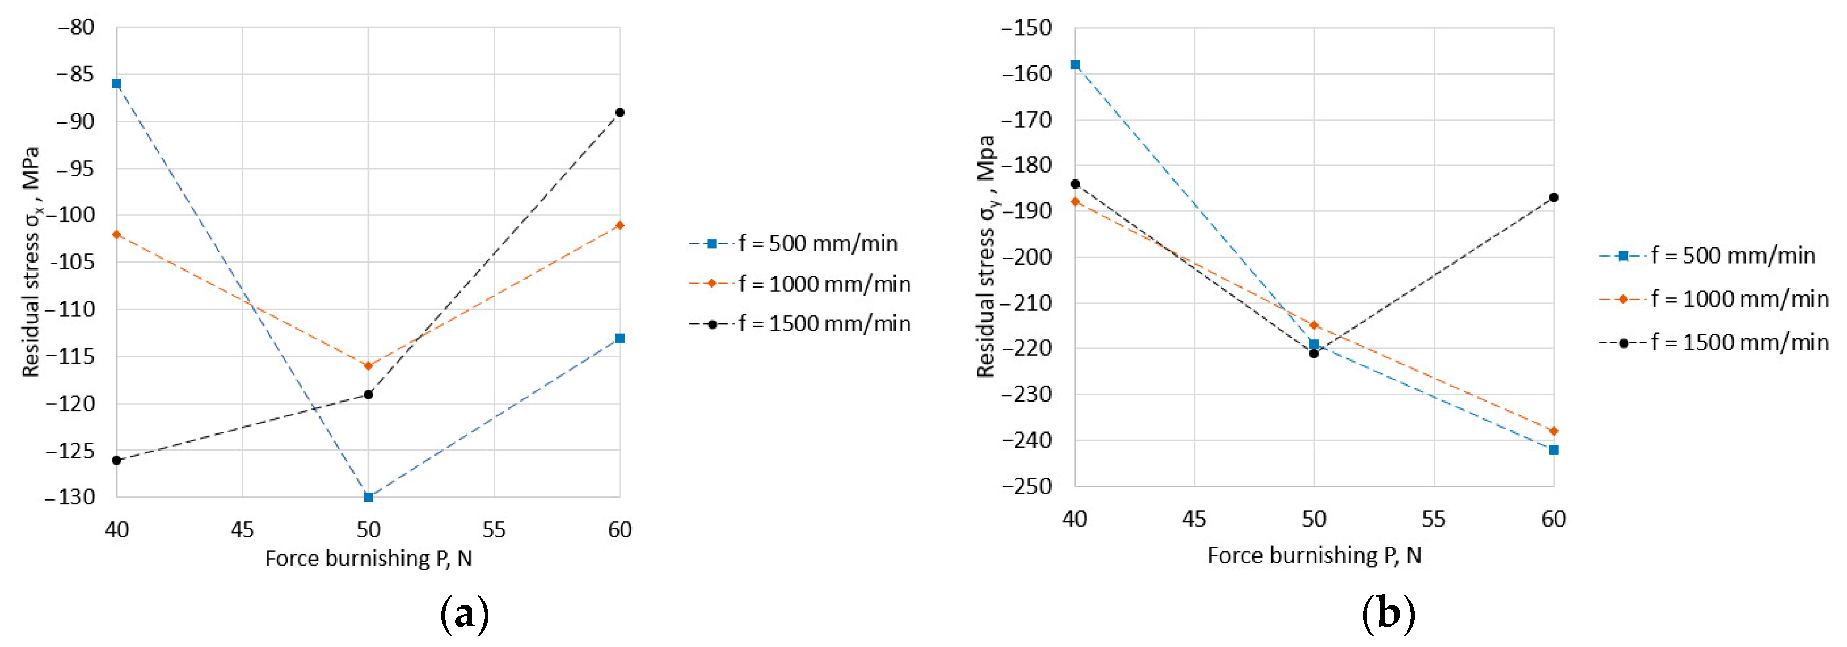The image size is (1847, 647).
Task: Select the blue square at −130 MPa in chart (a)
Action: [x=368, y=496]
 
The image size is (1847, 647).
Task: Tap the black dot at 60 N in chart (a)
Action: [x=620, y=112]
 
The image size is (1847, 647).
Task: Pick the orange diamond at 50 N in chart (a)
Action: [x=368, y=366]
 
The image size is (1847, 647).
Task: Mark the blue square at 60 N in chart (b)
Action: [x=1554, y=450]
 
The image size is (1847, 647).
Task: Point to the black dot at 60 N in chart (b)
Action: [x=1554, y=197]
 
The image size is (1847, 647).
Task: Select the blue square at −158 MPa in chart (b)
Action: [x=1076, y=64]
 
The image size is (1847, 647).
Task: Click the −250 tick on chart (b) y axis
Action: [x=1026, y=486]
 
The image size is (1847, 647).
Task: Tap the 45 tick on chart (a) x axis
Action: [x=242, y=530]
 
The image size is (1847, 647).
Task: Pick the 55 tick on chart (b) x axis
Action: [x=1434, y=519]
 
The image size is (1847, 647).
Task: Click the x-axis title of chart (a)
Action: [x=368, y=559]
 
